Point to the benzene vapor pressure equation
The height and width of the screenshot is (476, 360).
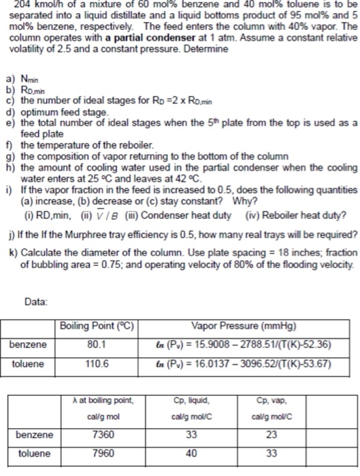point(242,345)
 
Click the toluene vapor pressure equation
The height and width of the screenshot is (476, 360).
point(242,364)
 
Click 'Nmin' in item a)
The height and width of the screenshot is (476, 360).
point(30,79)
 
